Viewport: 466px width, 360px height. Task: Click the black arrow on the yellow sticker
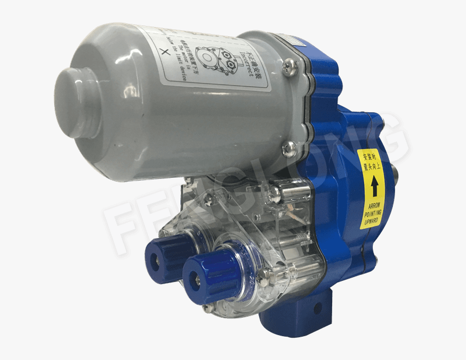point(374,188)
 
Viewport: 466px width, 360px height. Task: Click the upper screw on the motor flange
point(292,65)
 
